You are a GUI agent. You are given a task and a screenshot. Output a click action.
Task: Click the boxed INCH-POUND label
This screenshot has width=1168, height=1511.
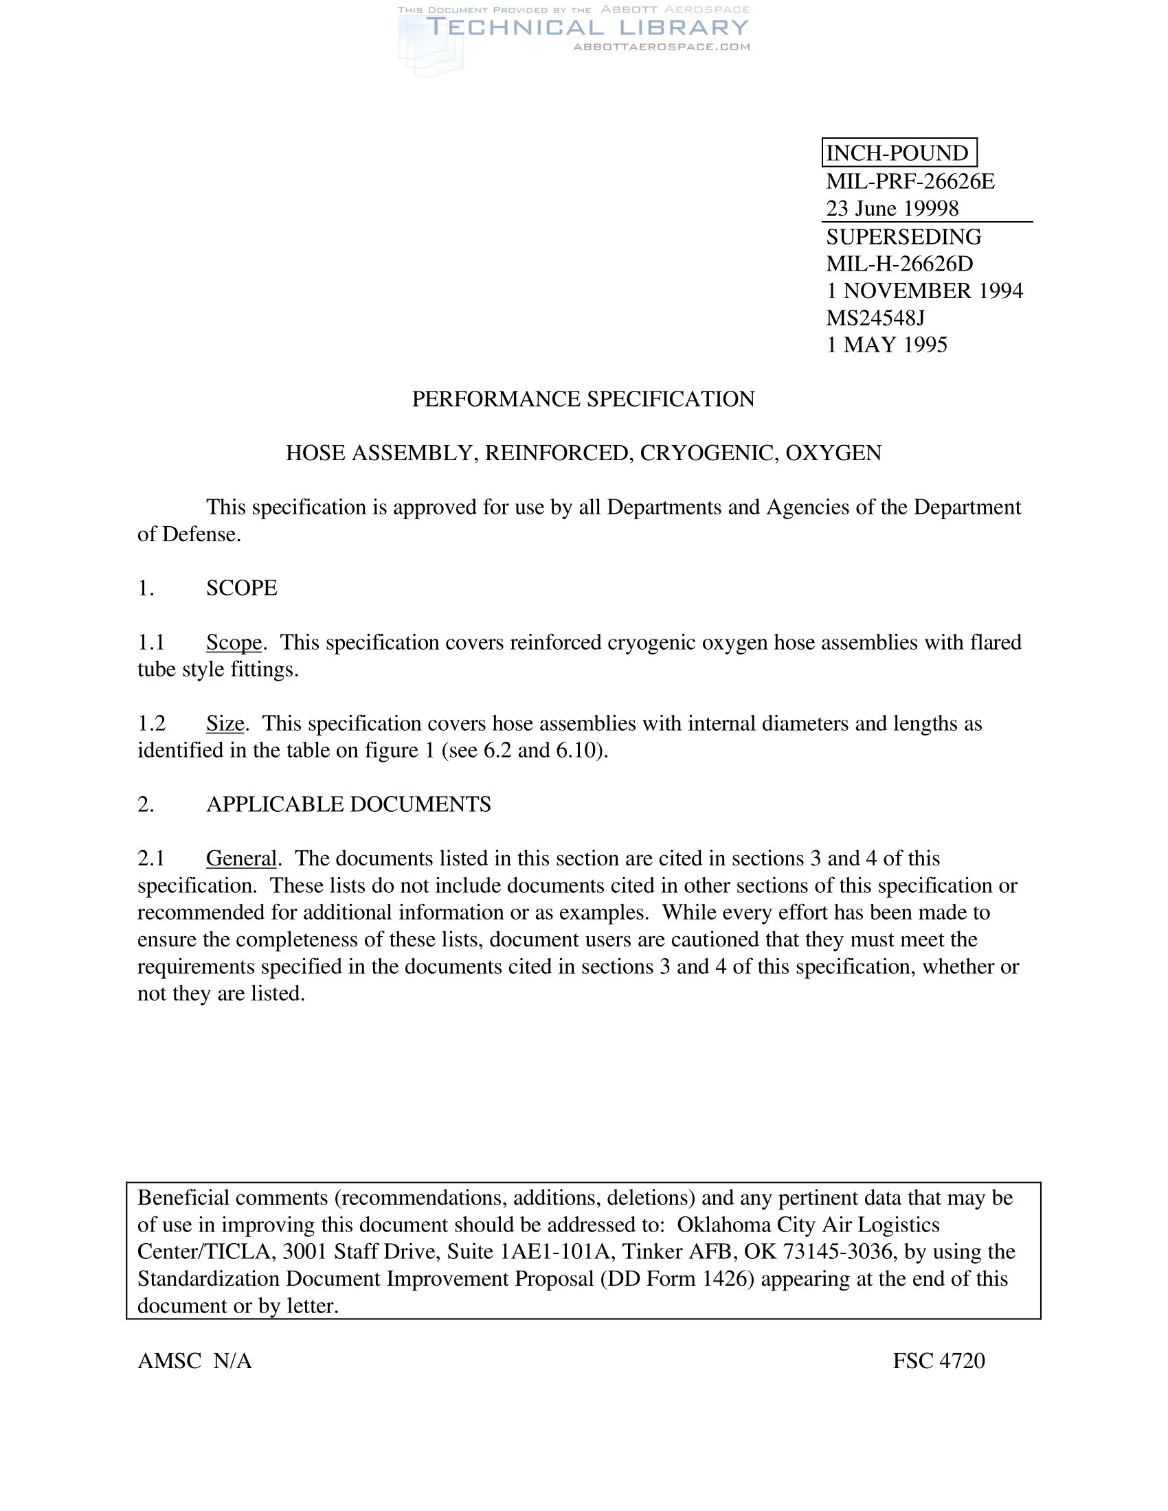898,153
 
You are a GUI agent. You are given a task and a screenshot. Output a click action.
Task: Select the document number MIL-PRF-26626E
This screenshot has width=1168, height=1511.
910,181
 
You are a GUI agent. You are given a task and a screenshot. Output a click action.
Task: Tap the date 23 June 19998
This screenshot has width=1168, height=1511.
892,208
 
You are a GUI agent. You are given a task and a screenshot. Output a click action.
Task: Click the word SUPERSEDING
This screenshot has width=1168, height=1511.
903,237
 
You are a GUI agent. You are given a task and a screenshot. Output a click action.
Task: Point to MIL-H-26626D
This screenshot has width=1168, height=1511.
899,264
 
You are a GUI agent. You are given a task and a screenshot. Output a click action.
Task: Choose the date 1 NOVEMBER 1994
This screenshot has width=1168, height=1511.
924,291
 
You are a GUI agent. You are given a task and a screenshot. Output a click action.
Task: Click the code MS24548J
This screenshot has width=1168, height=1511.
875,317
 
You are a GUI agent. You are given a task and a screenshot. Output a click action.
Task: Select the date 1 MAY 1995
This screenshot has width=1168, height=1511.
886,345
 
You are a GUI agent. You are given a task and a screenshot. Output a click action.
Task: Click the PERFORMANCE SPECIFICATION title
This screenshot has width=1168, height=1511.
583,399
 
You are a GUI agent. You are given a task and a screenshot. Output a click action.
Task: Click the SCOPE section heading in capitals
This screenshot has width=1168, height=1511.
241,588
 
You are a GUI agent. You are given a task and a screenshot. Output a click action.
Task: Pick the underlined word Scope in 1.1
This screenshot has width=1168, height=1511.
234,643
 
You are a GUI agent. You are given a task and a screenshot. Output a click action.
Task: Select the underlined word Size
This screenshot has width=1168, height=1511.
225,724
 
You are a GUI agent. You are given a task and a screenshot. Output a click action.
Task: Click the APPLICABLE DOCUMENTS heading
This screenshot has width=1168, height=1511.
349,805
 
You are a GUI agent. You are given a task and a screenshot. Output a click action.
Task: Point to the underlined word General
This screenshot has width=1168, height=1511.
240,859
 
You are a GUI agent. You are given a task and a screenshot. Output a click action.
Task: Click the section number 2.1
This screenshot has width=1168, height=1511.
151,859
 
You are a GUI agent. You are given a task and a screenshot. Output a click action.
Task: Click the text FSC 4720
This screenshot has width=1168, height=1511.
939,1361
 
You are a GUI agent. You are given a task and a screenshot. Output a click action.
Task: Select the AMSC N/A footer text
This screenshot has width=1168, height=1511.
194,1361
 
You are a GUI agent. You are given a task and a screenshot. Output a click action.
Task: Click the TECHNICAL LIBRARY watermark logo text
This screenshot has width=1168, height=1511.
587,27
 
